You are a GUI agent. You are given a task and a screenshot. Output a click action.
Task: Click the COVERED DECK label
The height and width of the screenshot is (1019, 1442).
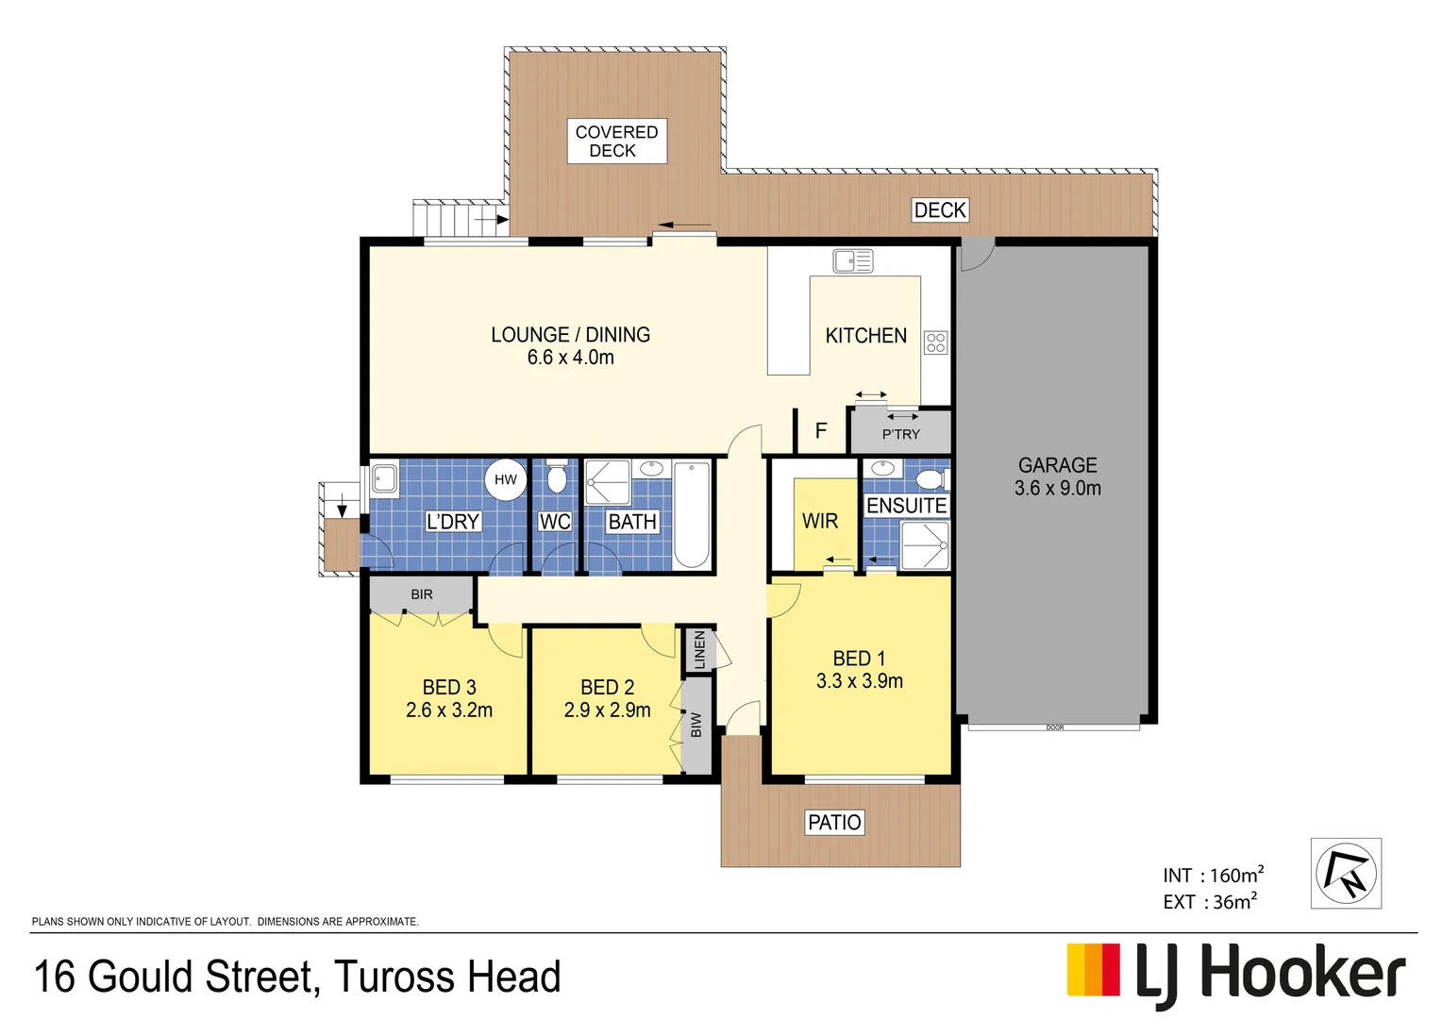[x=616, y=142]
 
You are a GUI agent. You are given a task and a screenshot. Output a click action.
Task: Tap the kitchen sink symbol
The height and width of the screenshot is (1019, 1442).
[x=853, y=260]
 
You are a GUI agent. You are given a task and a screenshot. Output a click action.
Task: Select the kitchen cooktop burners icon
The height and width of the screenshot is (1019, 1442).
[x=935, y=342]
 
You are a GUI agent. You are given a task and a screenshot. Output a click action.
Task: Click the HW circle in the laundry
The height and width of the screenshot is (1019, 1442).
[x=506, y=479]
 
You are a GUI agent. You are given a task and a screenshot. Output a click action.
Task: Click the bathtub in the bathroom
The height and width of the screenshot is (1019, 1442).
[x=692, y=514]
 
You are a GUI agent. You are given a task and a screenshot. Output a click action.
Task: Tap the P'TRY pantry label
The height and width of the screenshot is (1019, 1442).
[x=900, y=434]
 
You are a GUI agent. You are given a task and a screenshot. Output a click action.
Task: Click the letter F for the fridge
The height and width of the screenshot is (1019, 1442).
[x=821, y=431]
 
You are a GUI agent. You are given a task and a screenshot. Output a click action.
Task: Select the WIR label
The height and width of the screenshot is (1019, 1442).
[x=819, y=521]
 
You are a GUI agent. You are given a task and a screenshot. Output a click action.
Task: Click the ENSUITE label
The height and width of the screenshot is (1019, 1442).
[x=906, y=506]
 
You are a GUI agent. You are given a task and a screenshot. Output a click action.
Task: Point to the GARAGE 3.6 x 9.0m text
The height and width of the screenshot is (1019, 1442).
[x=1057, y=476]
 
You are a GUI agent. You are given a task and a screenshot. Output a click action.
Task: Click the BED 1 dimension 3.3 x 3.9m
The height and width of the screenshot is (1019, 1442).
[x=859, y=681]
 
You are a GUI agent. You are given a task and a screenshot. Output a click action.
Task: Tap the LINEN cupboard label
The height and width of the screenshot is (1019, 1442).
[x=699, y=650]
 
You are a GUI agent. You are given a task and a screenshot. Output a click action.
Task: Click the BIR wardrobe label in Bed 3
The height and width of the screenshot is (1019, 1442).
[x=422, y=594]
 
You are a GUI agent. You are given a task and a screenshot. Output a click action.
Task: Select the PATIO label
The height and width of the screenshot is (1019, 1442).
[x=834, y=823]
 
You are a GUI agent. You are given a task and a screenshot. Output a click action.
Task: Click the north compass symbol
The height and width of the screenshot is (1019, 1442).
[x=1346, y=874]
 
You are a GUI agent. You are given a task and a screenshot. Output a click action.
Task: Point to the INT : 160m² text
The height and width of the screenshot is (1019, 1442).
[x=1213, y=876]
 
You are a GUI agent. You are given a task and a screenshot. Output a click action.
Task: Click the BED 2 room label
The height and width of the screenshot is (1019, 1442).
[x=607, y=688]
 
